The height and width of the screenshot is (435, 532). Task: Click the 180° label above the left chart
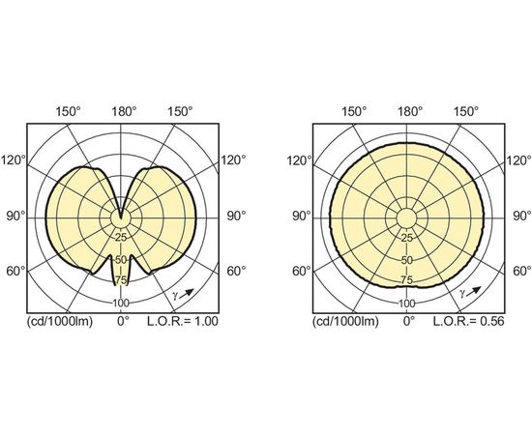point(125,111)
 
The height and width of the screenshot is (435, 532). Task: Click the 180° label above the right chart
point(410,111)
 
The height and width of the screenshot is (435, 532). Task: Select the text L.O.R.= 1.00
point(183,321)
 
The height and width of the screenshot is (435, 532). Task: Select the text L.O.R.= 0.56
point(468,321)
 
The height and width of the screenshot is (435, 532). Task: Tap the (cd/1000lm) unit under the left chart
point(60,322)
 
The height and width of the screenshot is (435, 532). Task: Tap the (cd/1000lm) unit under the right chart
point(345,322)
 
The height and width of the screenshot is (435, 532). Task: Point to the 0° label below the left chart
point(123,321)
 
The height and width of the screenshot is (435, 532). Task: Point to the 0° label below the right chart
point(409,321)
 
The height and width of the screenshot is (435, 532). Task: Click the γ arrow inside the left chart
point(187,294)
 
